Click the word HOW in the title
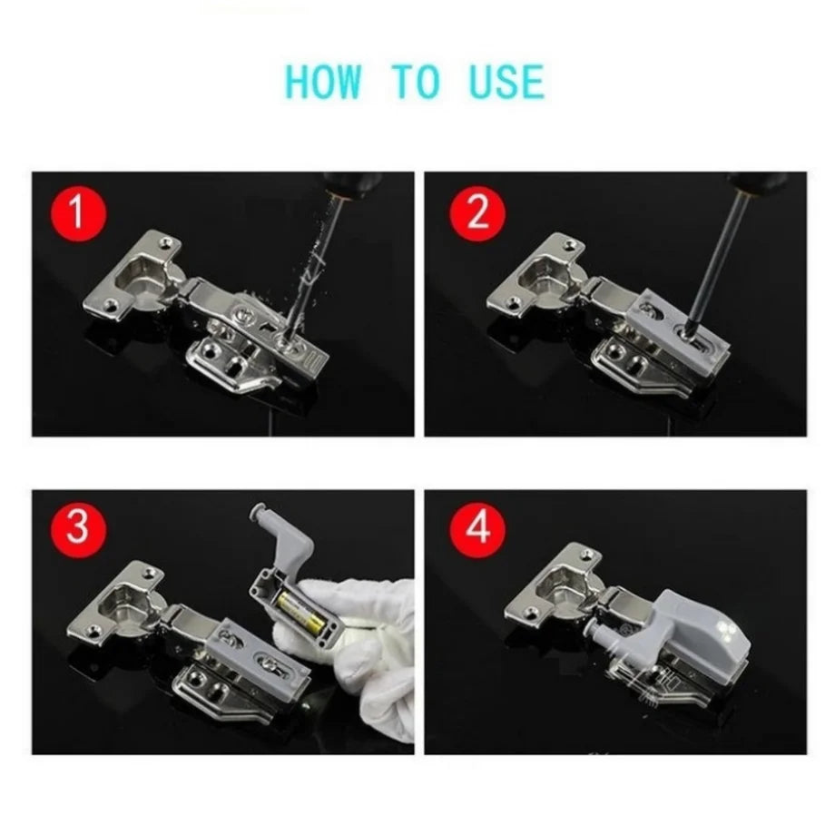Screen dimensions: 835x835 point(322,82)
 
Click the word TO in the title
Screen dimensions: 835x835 point(415,82)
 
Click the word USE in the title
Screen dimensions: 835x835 point(506,82)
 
